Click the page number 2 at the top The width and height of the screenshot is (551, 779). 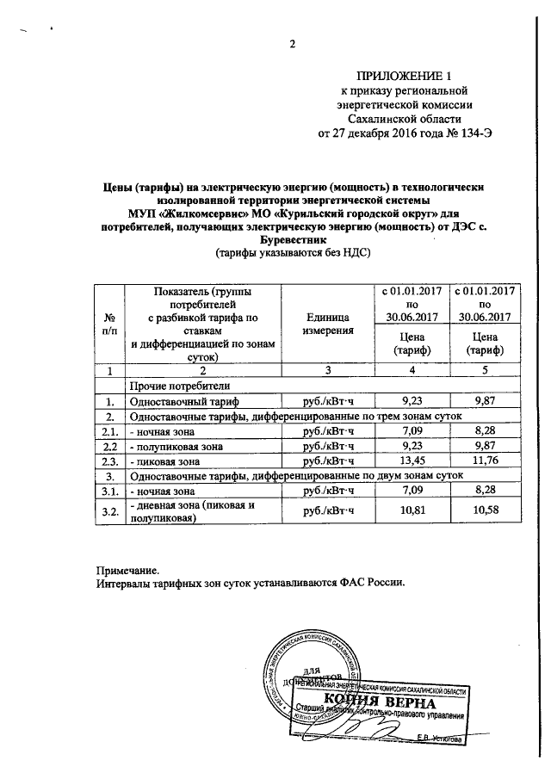click(x=292, y=46)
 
